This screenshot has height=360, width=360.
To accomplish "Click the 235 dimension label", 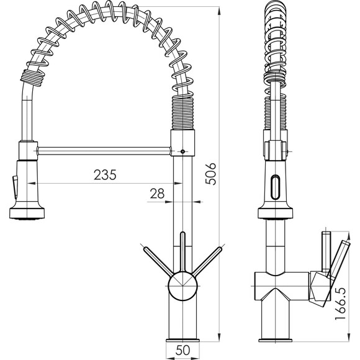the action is [x=105, y=174].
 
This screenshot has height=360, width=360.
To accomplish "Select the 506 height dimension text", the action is [x=211, y=174].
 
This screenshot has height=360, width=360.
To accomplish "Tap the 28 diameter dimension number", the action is [x=157, y=193].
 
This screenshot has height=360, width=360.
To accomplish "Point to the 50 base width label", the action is [x=182, y=350].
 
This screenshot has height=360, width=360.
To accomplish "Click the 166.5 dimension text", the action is [x=340, y=303].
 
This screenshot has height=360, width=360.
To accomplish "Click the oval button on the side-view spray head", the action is [x=276, y=187].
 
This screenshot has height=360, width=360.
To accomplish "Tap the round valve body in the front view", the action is [x=182, y=286].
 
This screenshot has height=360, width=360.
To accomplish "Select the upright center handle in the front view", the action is [x=182, y=253].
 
